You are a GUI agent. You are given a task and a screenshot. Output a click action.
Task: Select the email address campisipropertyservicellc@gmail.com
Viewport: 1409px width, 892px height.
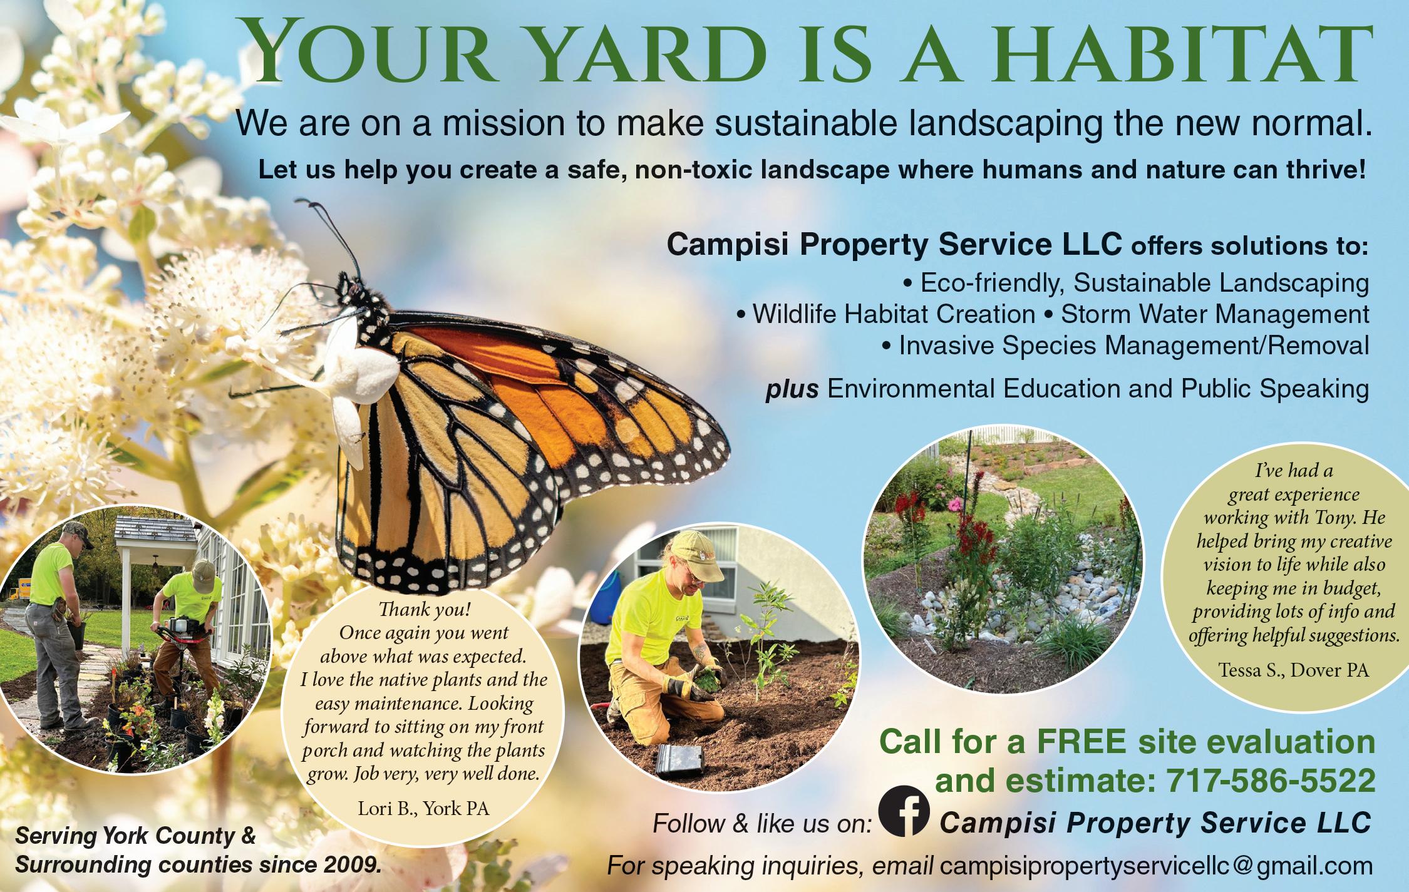point(1148,866)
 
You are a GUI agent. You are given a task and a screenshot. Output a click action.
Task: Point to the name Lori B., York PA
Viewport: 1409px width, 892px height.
point(423,809)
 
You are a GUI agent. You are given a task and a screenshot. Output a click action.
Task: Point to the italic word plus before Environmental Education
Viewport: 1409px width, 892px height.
point(792,389)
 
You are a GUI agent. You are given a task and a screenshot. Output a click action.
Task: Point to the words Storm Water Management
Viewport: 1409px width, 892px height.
point(1215,314)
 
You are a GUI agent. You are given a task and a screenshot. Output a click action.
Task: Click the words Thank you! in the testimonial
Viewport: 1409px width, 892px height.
point(424,608)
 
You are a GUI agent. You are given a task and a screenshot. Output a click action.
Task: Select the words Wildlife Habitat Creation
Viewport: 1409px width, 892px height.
point(894,314)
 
